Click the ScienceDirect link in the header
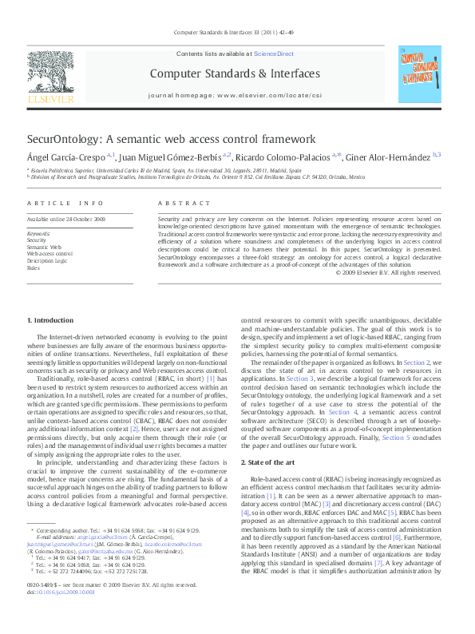pos(274,54)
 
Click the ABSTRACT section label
pos(179,204)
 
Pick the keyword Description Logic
pos(47,260)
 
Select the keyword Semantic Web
pos(44,247)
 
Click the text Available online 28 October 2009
pos(66,219)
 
